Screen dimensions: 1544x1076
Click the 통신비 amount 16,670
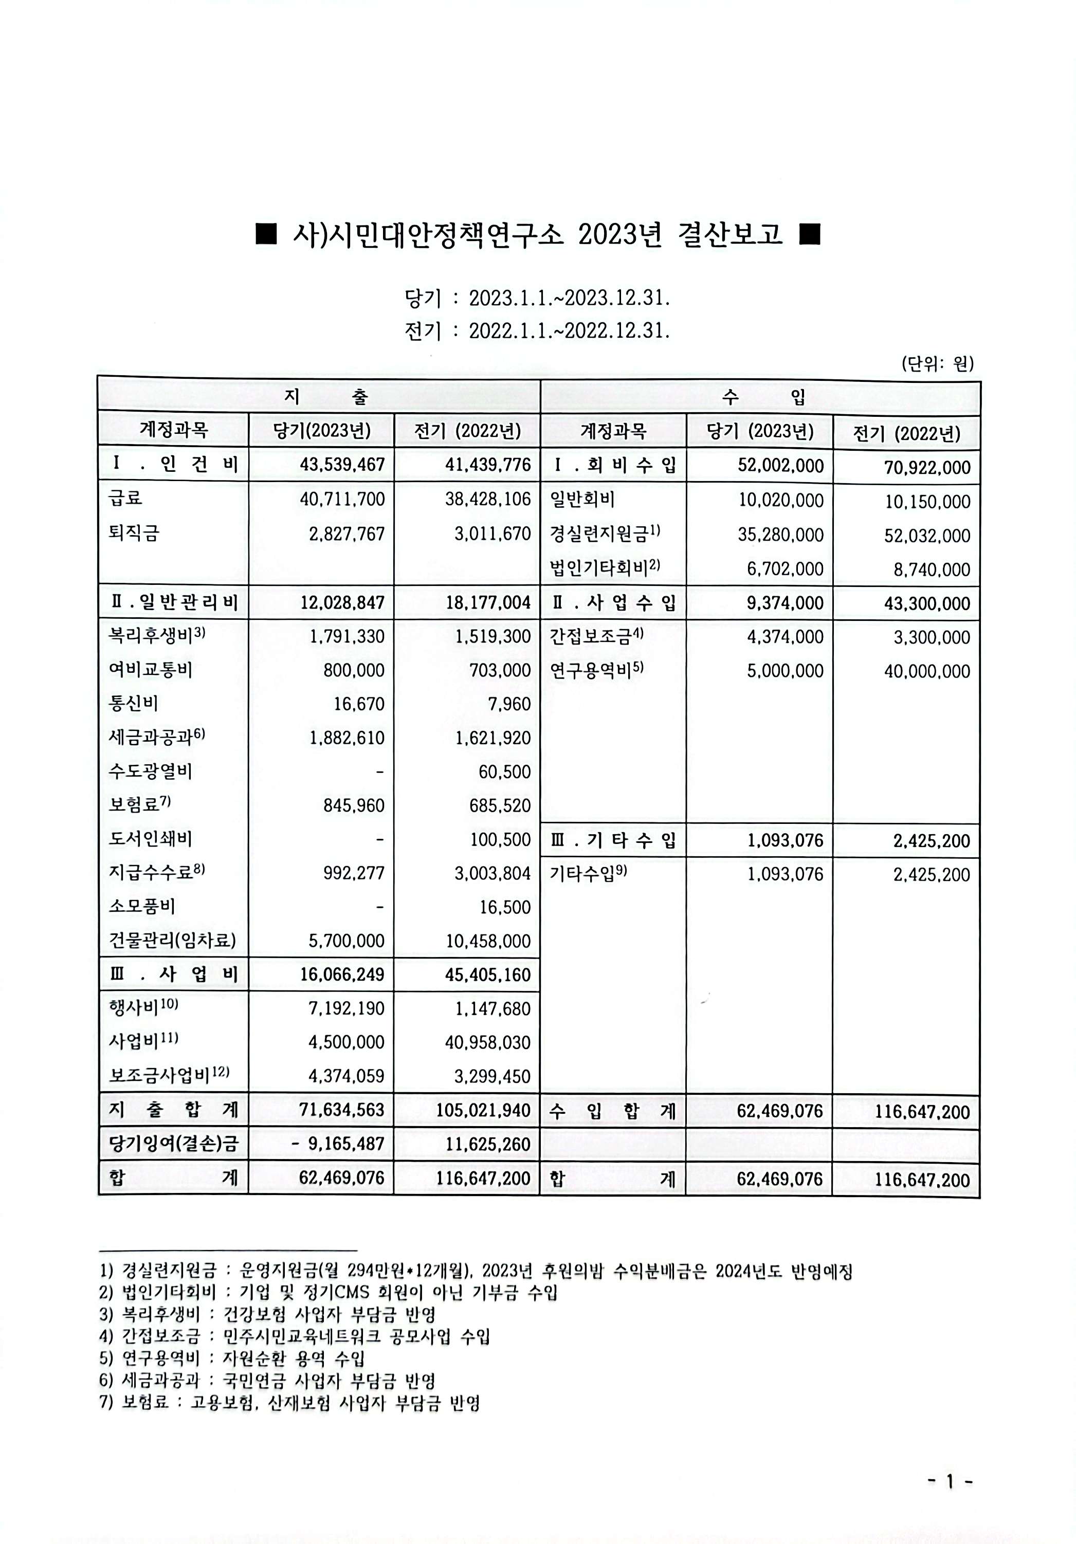click(x=359, y=704)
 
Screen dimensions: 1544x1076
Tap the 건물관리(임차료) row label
click(x=172, y=940)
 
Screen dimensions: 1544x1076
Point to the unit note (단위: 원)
click(x=937, y=364)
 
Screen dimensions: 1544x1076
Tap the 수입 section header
click(x=760, y=397)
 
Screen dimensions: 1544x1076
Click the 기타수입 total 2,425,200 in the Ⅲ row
click(x=932, y=840)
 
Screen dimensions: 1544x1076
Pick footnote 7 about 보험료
click(x=289, y=1404)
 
